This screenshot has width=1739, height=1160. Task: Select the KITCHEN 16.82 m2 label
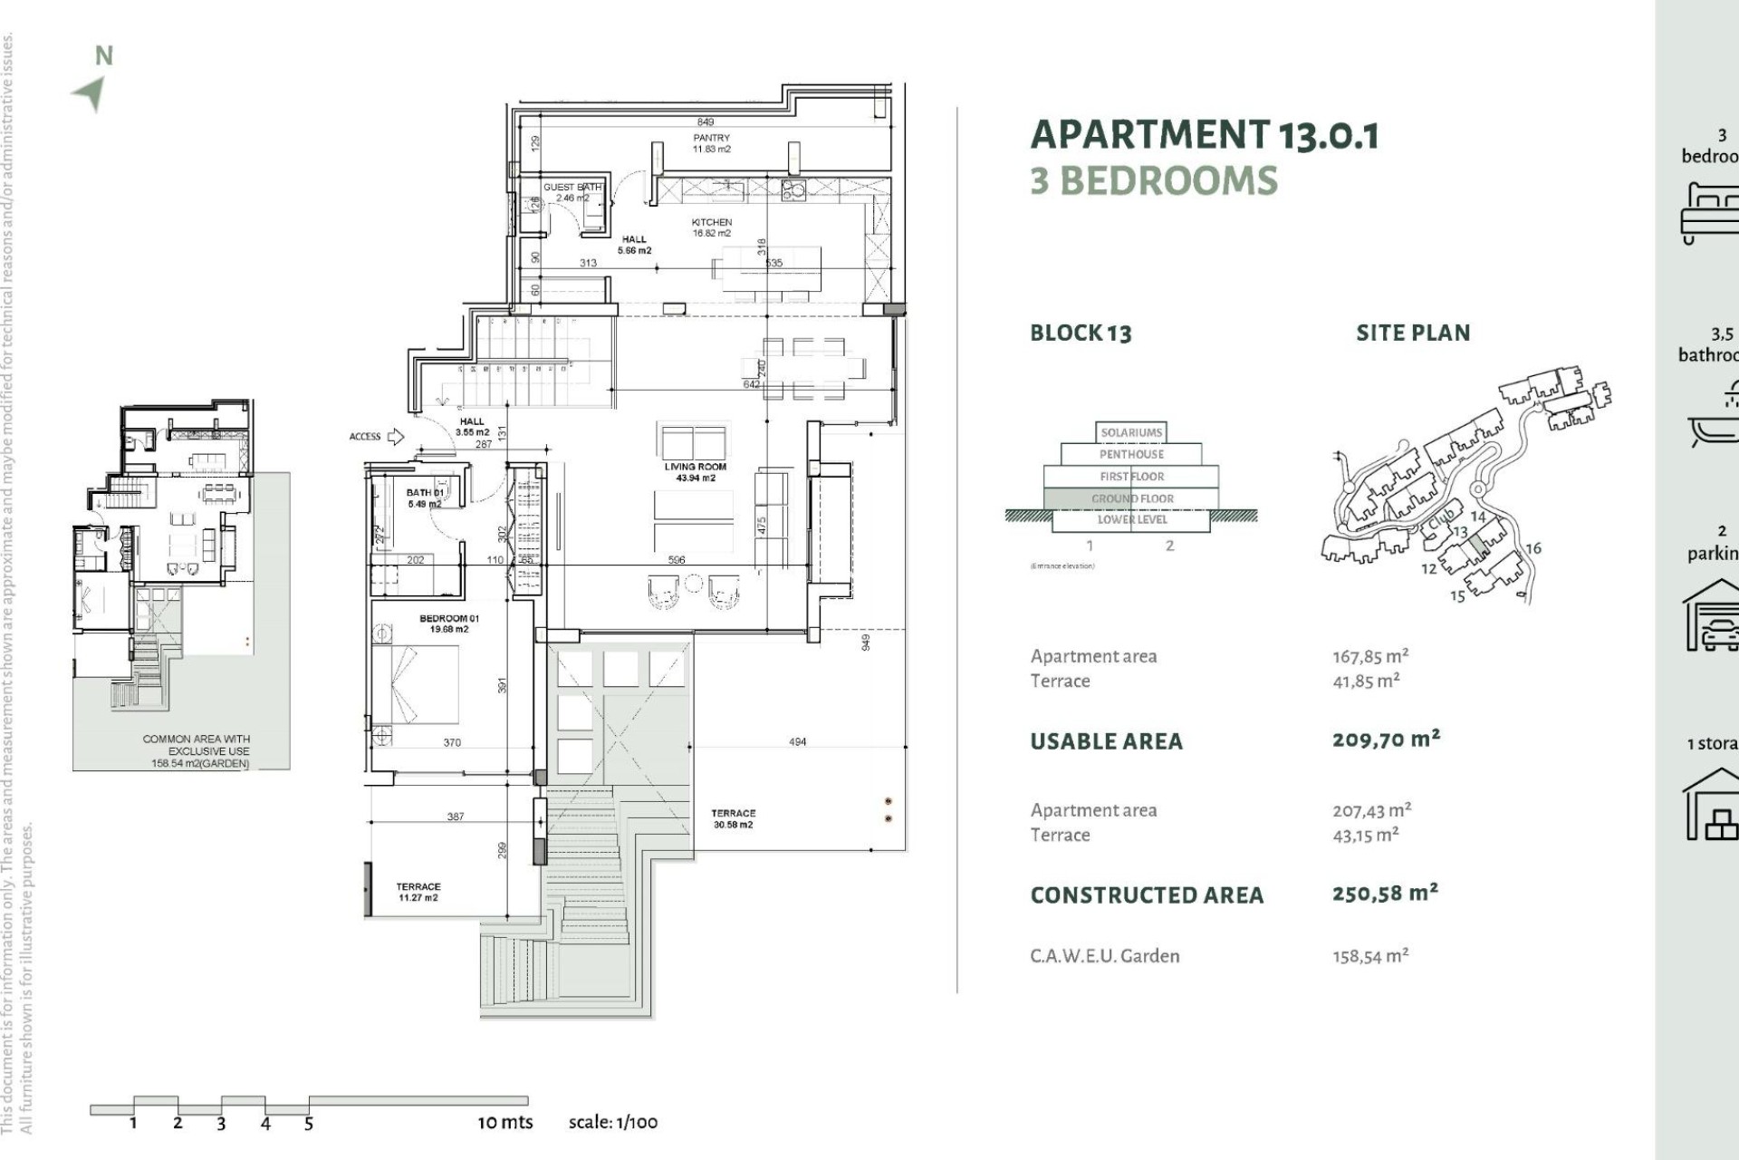pyautogui.click(x=712, y=227)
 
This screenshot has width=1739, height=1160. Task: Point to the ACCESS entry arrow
pyautogui.click(x=395, y=437)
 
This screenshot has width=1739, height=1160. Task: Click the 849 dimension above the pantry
pyautogui.click(x=706, y=121)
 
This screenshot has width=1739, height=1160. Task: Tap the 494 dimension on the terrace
pyautogui.click(x=797, y=741)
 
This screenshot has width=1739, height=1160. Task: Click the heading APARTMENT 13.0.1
pyautogui.click(x=1204, y=135)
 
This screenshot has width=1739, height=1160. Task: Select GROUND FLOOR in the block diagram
pyautogui.click(x=1132, y=498)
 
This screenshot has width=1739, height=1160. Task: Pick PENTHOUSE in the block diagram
pyautogui.click(x=1131, y=454)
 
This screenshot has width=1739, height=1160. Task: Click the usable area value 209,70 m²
pyautogui.click(x=1385, y=739)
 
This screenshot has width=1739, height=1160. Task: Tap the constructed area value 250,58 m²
pyautogui.click(x=1385, y=894)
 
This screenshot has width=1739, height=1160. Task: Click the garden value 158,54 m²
pyautogui.click(x=1369, y=956)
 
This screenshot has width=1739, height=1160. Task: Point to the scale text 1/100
pyautogui.click(x=612, y=1122)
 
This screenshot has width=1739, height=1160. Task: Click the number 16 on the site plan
pyautogui.click(x=1532, y=548)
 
